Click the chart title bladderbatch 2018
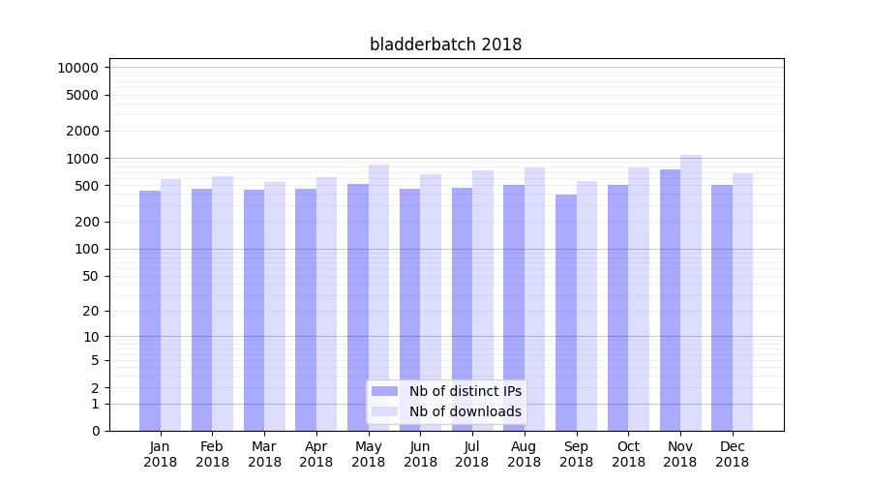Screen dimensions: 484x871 [x=445, y=45]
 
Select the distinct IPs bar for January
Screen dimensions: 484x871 [x=150, y=310]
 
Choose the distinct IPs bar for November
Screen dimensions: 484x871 [x=670, y=300]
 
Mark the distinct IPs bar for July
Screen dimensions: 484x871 [x=462, y=309]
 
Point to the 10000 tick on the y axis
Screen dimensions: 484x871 [x=78, y=68]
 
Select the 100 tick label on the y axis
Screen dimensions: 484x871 [x=86, y=249]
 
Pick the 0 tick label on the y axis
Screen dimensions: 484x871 [x=95, y=431]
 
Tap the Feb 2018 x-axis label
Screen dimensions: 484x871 [x=212, y=454]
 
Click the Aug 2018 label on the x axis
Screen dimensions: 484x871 [x=525, y=454]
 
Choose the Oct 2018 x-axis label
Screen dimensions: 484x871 [x=628, y=454]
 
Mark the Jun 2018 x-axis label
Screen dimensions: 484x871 [x=420, y=454]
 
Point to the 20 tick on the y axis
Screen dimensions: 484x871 [x=90, y=311]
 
